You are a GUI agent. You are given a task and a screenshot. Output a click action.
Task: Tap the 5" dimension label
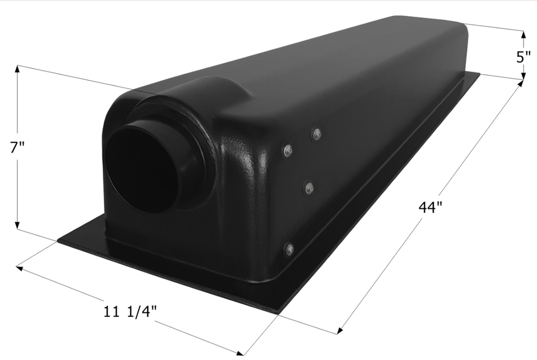click(523, 57)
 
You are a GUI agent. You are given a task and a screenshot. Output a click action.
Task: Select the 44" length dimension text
click(431, 208)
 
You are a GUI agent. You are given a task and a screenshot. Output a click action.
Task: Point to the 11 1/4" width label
click(131, 312)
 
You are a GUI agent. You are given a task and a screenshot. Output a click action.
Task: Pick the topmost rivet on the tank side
click(316, 135)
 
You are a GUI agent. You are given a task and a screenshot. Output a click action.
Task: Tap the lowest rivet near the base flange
click(289, 250)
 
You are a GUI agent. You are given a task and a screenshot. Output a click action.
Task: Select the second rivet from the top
click(287, 151)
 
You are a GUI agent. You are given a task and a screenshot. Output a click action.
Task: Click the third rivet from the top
click(309, 187)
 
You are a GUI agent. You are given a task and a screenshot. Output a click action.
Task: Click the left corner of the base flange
click(58, 241)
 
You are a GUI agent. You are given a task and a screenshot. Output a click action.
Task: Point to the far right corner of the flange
click(479, 73)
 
